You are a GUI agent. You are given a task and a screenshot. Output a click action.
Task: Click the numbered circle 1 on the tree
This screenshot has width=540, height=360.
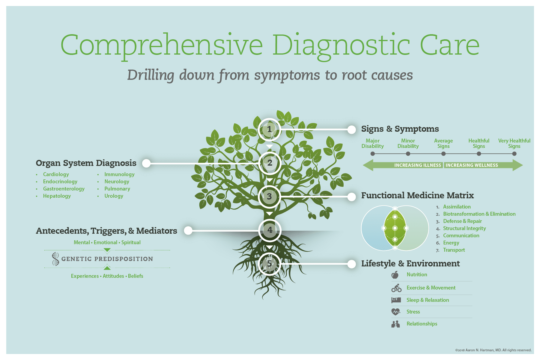(x=269, y=129)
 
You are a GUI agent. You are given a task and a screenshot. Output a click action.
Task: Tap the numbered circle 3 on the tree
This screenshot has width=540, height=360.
(x=269, y=196)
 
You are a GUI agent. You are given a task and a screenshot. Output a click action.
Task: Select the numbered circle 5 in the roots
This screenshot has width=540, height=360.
(x=269, y=264)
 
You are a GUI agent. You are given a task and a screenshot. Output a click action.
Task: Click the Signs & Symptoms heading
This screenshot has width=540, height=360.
(x=400, y=129)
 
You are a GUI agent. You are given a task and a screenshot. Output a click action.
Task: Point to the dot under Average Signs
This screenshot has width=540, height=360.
(x=443, y=154)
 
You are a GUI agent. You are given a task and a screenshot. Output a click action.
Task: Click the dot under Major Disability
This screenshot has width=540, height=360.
(x=373, y=154)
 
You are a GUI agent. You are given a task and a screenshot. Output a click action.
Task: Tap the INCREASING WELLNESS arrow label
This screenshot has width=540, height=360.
(x=472, y=165)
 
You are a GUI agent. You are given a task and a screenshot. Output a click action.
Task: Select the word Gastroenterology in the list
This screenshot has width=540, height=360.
(x=64, y=189)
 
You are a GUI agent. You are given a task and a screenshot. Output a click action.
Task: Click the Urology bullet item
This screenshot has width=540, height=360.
(x=114, y=196)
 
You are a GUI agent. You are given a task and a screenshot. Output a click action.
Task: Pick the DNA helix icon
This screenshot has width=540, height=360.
(x=55, y=259)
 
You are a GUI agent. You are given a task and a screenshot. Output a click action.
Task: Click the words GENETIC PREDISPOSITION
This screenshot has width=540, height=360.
(x=107, y=259)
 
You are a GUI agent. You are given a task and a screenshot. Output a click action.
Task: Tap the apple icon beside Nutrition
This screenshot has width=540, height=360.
(x=395, y=274)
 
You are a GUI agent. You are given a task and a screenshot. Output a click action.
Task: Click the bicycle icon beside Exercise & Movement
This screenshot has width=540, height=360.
(x=396, y=288)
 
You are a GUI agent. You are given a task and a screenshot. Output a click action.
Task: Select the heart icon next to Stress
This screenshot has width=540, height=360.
(x=396, y=312)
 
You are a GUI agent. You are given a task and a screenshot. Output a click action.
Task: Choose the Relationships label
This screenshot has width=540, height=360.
(x=422, y=324)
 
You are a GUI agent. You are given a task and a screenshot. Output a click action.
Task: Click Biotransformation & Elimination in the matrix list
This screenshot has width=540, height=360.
(x=479, y=214)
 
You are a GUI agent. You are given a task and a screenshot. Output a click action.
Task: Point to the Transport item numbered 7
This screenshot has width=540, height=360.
(x=454, y=250)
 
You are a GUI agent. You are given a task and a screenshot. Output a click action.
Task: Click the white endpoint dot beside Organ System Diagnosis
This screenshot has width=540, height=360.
(x=146, y=163)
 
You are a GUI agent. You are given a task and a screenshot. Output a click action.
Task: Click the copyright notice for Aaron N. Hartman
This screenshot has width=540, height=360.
(x=493, y=350)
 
